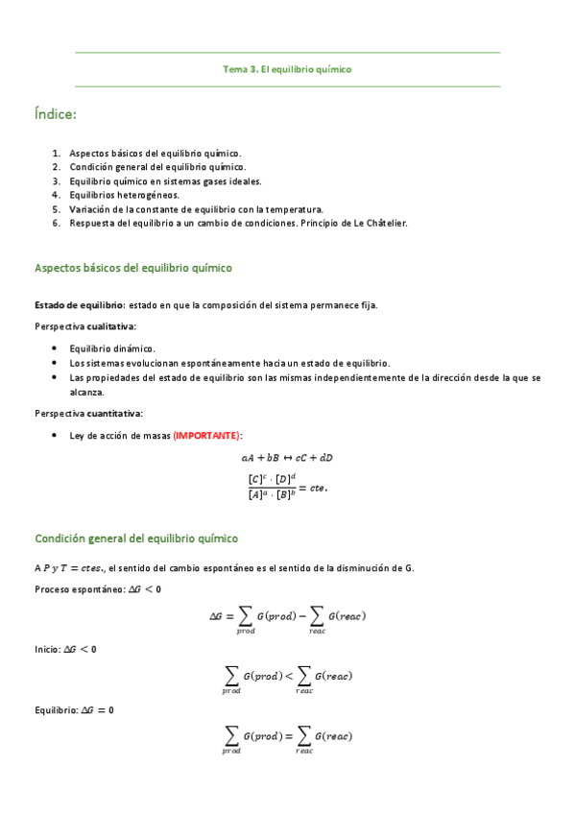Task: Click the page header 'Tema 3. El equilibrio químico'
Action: [x=287, y=69]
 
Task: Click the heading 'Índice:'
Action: [x=55, y=115]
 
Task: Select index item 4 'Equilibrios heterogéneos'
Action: [x=124, y=195]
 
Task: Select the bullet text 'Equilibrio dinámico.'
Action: [x=112, y=348]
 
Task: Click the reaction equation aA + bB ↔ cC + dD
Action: [x=287, y=457]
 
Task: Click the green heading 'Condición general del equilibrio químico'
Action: [x=136, y=539]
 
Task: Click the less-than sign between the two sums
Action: [x=285, y=676]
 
